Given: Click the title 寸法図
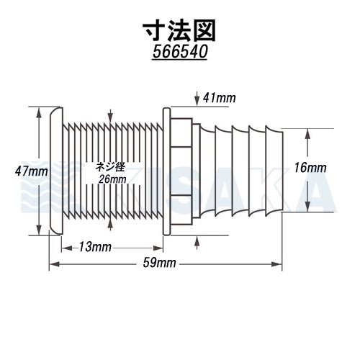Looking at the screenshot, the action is point(179,31).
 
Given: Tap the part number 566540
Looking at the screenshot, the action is point(180,52).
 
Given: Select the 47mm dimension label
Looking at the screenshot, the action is point(31,171).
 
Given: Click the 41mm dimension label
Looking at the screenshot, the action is point(220,98).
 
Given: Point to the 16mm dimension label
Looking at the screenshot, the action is point(310,168).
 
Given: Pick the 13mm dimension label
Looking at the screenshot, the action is point(95,247).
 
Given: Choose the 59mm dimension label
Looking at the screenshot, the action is point(159,263).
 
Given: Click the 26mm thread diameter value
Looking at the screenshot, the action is point(112,179).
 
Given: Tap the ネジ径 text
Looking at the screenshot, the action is point(110,167).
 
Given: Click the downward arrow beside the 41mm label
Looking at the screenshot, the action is point(197,99).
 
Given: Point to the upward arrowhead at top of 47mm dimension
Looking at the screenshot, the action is point(39,113).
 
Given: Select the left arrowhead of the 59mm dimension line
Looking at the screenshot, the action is point(55,264).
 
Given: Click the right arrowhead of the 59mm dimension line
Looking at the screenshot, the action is point(276,264).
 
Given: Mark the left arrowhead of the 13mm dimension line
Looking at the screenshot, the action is point(67,248).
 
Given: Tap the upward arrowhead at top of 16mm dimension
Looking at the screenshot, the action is point(307,135).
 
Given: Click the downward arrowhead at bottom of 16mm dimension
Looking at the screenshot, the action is point(307,206).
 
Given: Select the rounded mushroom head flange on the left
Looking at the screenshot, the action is point(56,171).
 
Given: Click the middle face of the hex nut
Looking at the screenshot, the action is point(181,171).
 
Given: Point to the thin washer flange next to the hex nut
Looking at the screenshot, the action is point(167,171).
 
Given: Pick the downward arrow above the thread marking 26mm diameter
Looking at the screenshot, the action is point(110,117).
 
